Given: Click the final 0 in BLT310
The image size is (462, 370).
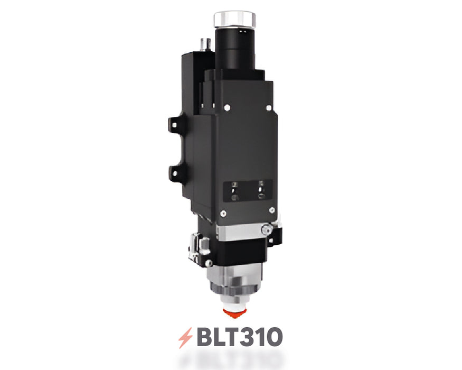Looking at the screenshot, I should click(x=272, y=337).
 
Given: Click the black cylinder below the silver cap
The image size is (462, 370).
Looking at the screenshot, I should click(x=235, y=50).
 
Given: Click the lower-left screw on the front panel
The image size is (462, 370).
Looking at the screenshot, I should click(x=224, y=214).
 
